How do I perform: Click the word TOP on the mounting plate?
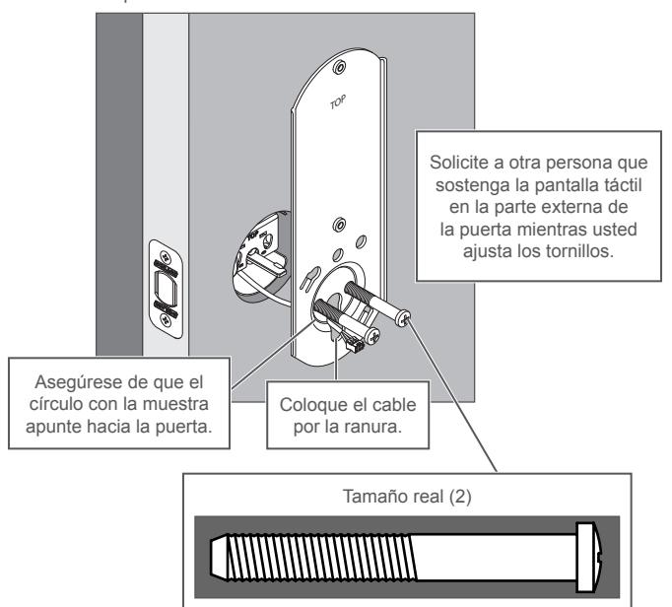point(338,102)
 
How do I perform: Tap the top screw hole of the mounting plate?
point(340,67)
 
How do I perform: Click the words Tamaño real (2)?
point(407,497)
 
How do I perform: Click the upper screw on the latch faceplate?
point(166,256)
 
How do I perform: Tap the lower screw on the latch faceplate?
point(166,319)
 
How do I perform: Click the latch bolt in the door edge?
point(166,287)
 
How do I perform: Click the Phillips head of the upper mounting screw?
point(404,317)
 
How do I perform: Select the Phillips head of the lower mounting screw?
point(372,336)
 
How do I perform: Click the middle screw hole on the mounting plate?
point(339,225)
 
